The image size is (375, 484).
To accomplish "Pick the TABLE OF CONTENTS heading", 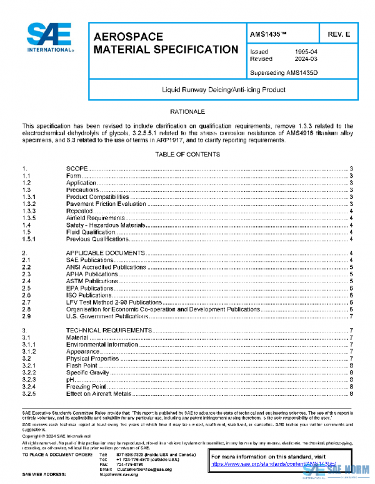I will pyautogui.click(x=187, y=153).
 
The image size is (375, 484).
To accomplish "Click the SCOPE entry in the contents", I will pyautogui.click(x=76, y=169).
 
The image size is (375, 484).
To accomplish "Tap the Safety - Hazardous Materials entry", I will pyautogui.click(x=107, y=225).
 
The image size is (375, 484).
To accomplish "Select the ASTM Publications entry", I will pyautogui.click(x=92, y=281).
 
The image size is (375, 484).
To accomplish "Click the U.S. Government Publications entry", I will pyautogui.click(x=103, y=317).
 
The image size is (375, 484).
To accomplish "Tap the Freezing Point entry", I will pyautogui.click(x=86, y=387).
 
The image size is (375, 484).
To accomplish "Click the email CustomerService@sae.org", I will pyautogui.click(x=144, y=468).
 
